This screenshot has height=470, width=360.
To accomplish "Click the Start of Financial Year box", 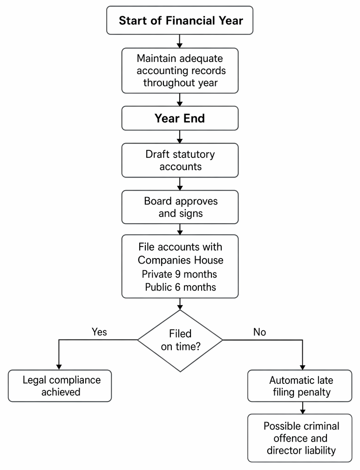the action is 180,20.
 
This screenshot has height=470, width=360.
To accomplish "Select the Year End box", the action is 180,118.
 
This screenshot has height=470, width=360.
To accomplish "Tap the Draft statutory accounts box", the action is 180,160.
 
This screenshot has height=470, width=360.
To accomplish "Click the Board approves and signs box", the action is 180,207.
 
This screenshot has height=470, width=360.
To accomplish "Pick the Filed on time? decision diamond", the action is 180,341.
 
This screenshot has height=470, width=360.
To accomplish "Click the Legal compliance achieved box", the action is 60,386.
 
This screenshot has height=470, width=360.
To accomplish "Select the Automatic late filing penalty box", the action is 300,386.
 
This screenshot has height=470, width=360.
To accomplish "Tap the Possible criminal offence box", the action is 300,438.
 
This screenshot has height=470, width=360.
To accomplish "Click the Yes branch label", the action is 99,332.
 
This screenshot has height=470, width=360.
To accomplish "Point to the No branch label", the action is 259,332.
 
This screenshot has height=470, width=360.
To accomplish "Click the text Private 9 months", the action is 179,274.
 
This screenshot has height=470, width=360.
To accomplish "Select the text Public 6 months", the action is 180,287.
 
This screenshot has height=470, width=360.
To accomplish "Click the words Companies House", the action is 180,260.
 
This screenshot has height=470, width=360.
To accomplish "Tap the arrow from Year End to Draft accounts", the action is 180,136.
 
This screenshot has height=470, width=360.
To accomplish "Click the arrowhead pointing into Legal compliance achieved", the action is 59,367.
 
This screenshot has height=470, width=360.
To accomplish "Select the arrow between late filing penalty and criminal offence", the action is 302,408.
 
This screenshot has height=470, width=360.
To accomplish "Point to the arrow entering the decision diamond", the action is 180,304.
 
